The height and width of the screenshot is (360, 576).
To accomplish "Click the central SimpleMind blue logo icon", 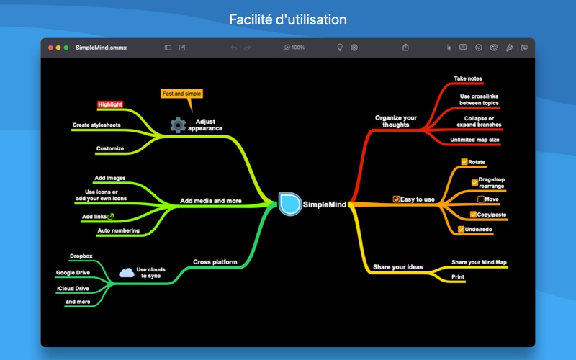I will (290, 204).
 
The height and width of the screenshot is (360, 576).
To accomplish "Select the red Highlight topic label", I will (110, 104).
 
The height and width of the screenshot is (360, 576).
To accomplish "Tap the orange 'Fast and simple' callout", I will (181, 94).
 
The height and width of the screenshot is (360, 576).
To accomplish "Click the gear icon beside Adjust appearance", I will (178, 125).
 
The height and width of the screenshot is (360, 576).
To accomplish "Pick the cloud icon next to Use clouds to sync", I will (126, 272).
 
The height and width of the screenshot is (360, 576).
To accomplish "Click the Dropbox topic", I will (81, 256).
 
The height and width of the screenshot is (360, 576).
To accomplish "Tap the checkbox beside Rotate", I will (464, 162).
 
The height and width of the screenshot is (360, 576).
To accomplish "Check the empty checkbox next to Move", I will (481, 199).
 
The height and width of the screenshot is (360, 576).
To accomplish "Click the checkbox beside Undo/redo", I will (461, 229).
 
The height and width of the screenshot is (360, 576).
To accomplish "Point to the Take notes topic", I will (468, 78).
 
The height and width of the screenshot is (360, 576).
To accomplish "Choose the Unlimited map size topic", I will (474, 139).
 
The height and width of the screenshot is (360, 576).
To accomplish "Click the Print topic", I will (458, 276).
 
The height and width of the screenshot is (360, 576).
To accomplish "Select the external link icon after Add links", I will (110, 216).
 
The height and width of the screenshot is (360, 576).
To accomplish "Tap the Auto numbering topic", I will (119, 230).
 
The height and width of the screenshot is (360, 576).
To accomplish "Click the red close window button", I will (50, 48).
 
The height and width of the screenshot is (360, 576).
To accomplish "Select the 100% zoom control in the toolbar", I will (294, 48).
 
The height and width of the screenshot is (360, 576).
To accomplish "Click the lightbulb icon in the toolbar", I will (340, 48).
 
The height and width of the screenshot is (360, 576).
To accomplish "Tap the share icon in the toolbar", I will (405, 48).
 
